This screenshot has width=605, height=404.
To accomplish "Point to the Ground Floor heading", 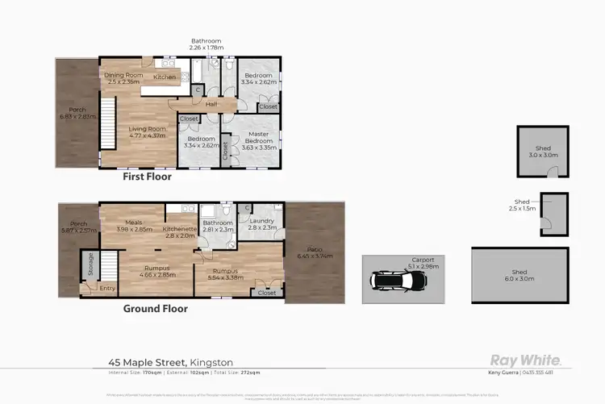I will click(155, 308).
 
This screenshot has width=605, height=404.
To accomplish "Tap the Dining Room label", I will click(123, 76).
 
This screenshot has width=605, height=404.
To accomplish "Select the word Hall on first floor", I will click(211, 104).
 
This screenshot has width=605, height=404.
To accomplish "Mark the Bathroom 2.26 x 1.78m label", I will click(205, 44).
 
